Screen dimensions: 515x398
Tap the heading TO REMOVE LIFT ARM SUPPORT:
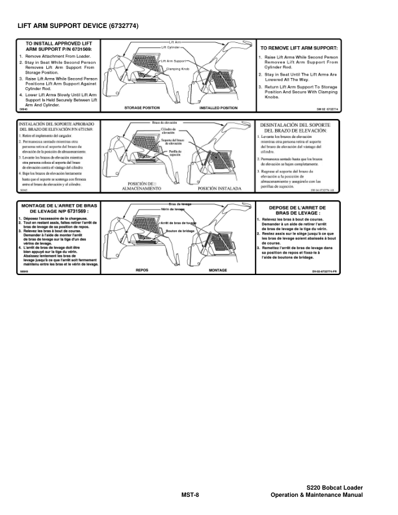pyautogui.click(x=298, y=48)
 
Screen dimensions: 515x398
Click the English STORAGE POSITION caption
pyautogui.click(x=142, y=107)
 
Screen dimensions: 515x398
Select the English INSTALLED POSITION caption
pyautogui.click(x=218, y=107)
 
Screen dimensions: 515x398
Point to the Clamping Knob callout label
pyautogui.click(x=178, y=68)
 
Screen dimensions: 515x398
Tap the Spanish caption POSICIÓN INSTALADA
pyautogui.click(x=219, y=189)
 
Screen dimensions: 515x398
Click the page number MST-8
pyautogui.click(x=190, y=495)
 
